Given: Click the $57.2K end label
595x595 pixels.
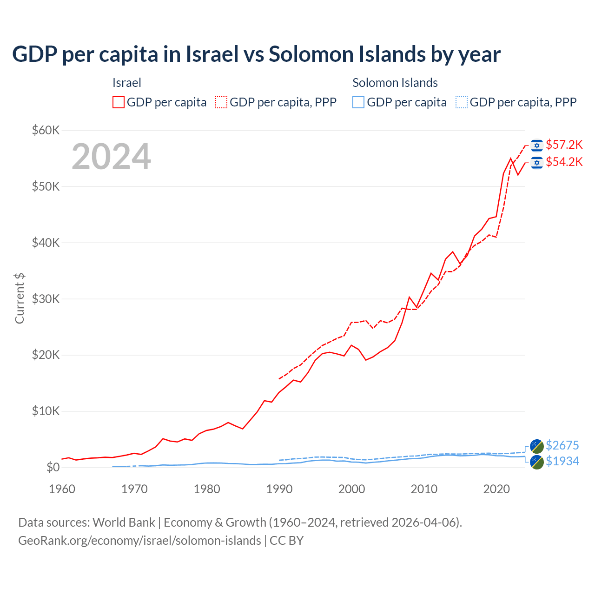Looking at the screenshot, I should (564, 145).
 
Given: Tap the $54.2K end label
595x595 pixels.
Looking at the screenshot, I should (564, 162).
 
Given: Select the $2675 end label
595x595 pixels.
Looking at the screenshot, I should (562, 445).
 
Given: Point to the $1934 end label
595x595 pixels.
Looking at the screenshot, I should (562, 461).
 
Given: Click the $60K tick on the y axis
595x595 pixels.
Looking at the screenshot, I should (46, 130).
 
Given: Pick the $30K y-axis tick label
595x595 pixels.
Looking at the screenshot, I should (46, 299).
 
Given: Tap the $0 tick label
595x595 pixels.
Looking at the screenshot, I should (53, 467).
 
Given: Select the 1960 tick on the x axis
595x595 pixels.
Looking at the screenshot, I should (62, 489).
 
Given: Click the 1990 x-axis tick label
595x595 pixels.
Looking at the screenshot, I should (279, 489).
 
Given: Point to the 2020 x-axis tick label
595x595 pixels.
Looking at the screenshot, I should (496, 489).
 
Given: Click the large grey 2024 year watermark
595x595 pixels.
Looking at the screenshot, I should (111, 157).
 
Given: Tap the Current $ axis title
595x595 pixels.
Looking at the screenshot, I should (20, 298).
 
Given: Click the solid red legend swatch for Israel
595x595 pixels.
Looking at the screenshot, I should (119, 102).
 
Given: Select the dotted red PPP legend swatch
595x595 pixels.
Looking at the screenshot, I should (221, 102).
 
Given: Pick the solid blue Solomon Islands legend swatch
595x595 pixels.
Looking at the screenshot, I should (358, 102).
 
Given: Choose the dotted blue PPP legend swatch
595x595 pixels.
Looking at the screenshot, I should (462, 102).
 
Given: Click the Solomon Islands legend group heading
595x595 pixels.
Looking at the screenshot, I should (395, 83).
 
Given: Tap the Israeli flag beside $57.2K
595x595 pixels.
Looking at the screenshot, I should (537, 145).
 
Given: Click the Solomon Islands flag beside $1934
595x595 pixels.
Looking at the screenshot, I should (537, 462).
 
